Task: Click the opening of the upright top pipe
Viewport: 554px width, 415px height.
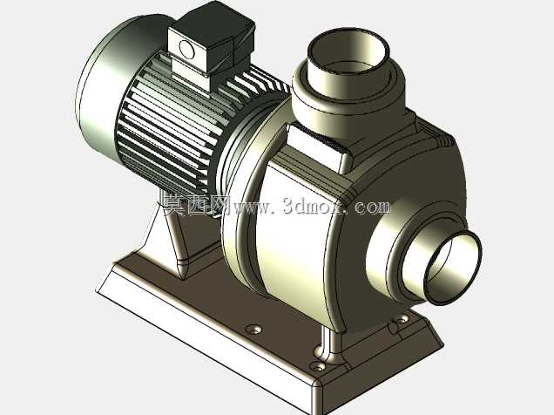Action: (x=348, y=53)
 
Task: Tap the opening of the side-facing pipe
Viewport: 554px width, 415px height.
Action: (x=453, y=268)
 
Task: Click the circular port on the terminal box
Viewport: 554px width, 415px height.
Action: (x=186, y=49)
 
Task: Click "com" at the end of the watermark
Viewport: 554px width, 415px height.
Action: (x=373, y=207)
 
